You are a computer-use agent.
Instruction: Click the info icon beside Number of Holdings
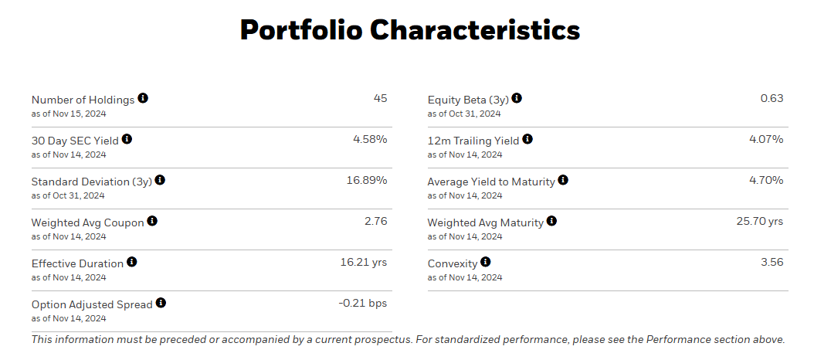pos(143,99)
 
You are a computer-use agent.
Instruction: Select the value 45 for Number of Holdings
pos(379,98)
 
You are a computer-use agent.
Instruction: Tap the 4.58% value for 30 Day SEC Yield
pos(370,139)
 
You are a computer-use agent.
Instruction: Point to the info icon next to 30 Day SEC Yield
pos(127,139)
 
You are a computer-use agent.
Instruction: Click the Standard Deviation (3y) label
pos(91,181)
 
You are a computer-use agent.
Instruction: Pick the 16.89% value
pos(366,180)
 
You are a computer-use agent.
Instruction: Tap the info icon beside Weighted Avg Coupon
pos(152,221)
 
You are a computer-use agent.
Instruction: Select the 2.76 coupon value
pos(375,221)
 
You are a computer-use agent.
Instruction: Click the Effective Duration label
pos(76,263)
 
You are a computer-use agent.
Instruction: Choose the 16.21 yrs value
pos(364,262)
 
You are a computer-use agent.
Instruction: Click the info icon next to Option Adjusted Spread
pos(161,304)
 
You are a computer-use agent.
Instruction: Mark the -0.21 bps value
pos(362,303)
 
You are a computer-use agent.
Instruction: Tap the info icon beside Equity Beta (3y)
pos(517,98)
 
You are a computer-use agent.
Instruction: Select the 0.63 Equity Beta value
pos(772,98)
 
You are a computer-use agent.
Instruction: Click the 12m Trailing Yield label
pos(473,141)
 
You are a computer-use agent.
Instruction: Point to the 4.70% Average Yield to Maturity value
pos(766,180)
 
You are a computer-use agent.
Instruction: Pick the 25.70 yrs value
pos(760,221)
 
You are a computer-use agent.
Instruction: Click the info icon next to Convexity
pos(485,263)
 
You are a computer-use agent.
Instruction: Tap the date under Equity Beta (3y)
pos(464,114)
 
